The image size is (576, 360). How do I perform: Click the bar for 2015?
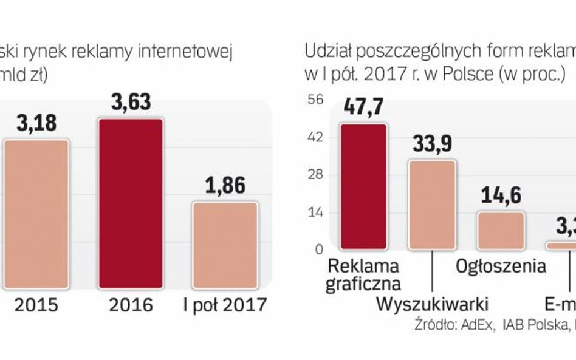click(x=36, y=214)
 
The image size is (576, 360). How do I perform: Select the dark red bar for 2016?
click(x=131, y=203)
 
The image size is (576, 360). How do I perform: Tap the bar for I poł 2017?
click(x=225, y=245)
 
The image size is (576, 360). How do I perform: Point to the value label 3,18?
click(x=36, y=123)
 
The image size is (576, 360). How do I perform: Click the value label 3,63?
click(x=131, y=101)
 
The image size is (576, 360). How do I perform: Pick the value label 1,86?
click(x=225, y=185)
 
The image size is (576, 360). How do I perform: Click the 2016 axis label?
click(x=131, y=304)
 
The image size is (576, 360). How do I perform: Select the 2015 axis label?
click(x=37, y=304)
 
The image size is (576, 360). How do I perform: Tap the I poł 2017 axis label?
click(x=225, y=304)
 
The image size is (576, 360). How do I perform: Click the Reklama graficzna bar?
click(x=363, y=186)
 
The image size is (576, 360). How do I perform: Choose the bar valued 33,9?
click(x=431, y=205)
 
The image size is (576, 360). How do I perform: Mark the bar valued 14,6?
click(x=500, y=231)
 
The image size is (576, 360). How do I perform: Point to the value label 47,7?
click(x=363, y=107)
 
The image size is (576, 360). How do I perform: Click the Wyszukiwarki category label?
click(x=432, y=304)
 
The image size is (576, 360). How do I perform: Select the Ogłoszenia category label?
click(x=501, y=266)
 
